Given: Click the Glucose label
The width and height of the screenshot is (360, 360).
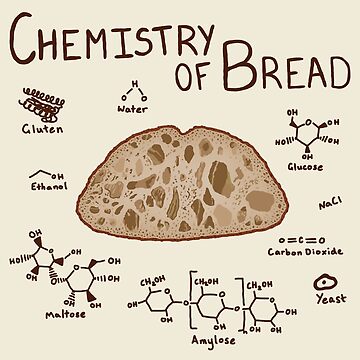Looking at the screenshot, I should pos(307,166).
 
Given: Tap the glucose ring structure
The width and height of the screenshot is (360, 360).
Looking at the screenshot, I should pos(305,132).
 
